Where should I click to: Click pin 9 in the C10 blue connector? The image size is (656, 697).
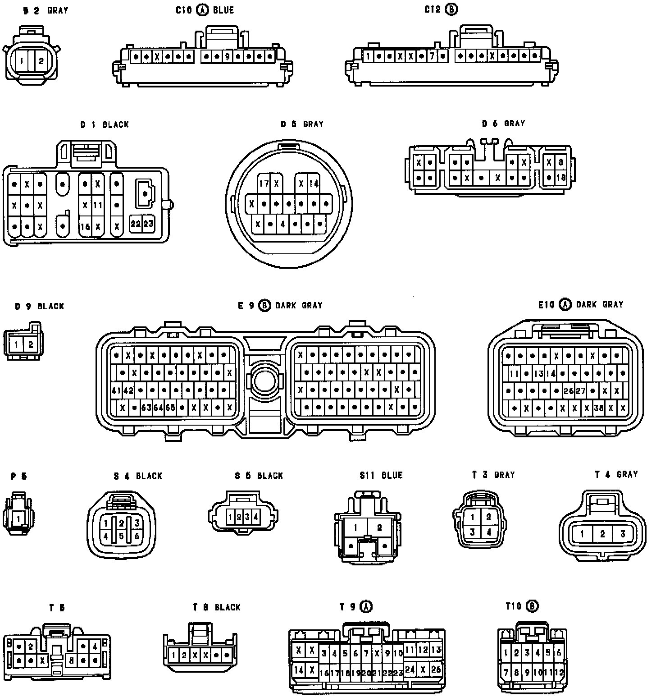[x=228, y=57]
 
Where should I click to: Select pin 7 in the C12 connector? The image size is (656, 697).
[x=432, y=56]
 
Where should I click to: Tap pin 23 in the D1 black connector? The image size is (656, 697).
[x=148, y=224]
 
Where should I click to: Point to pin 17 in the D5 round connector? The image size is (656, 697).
[x=264, y=183]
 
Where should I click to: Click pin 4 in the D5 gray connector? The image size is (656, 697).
[x=282, y=224]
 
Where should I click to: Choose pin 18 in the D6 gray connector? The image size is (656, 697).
[x=560, y=178]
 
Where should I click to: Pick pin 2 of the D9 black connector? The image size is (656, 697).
[x=31, y=345]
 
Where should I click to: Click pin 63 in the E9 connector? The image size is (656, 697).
[x=146, y=408]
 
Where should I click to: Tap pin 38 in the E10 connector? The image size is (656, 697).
[x=599, y=408]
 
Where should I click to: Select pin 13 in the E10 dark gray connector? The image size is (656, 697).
[x=538, y=373]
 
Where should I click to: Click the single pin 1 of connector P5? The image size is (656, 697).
[x=18, y=518]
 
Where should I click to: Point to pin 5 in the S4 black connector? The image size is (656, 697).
[x=121, y=537]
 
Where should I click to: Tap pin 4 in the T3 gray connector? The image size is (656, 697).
[x=489, y=532]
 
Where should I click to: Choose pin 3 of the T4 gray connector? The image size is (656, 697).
[x=623, y=534]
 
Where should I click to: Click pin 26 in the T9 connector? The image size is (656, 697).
[x=435, y=669]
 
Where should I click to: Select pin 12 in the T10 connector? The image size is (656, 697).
[x=560, y=673]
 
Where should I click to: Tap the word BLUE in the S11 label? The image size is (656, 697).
[x=392, y=475]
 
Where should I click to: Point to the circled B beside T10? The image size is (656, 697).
[x=532, y=606]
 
